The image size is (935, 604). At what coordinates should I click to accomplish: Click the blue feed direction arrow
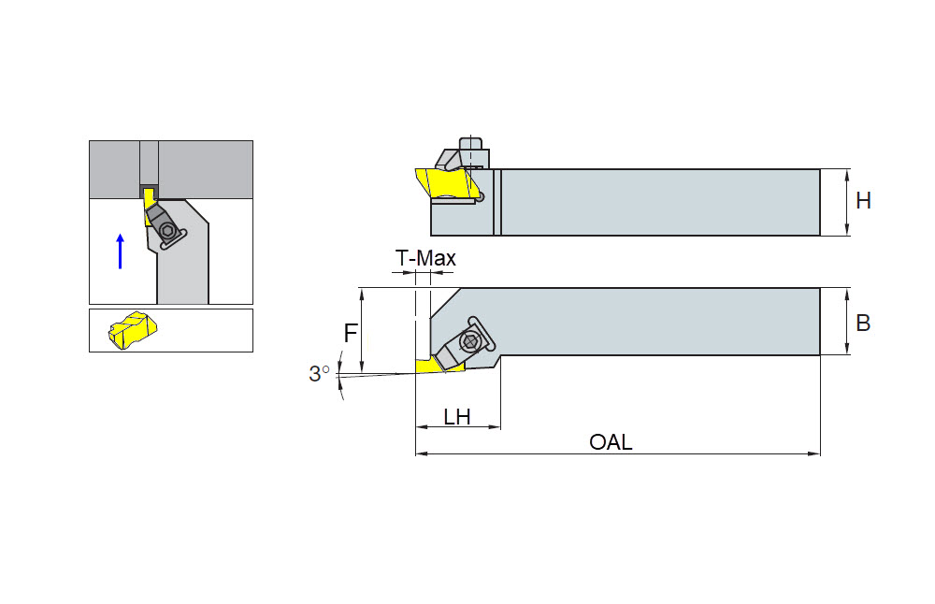click(121, 251)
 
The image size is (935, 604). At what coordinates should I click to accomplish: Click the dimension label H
click(863, 202)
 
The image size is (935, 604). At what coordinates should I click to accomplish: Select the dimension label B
click(863, 323)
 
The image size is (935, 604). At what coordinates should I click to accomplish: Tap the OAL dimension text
click(611, 442)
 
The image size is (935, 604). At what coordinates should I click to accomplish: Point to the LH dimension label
click(457, 417)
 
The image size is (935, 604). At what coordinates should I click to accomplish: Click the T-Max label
click(425, 258)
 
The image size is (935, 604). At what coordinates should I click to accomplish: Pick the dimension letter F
click(351, 333)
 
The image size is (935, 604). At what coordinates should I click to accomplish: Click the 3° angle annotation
click(319, 374)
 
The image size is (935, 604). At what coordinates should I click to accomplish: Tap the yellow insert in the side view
click(449, 183)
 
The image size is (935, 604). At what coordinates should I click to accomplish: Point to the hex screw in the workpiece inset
click(168, 231)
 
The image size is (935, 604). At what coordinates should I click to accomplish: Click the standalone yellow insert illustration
click(133, 329)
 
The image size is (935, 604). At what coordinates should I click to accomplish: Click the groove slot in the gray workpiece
click(149, 164)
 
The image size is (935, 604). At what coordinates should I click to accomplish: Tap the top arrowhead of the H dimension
click(847, 175)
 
